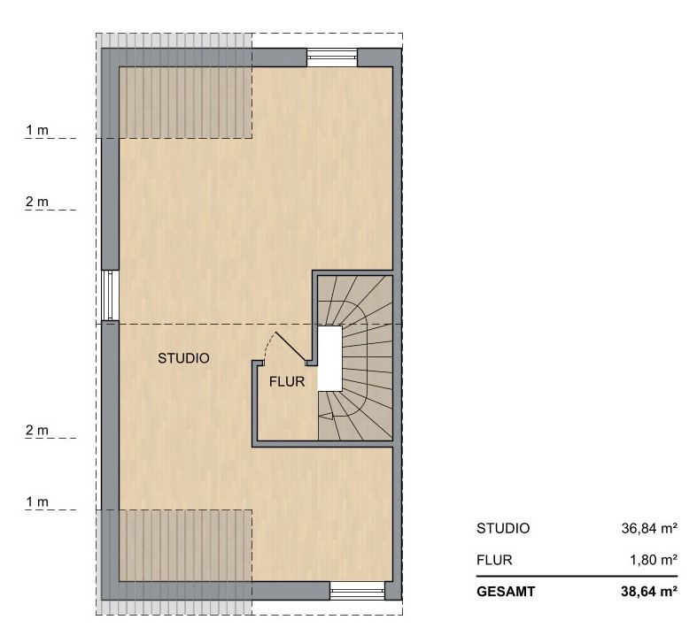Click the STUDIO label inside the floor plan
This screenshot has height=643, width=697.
click(183, 358)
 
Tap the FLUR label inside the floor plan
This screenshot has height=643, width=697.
click(287, 382)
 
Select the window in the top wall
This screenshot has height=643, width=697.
click(332, 57)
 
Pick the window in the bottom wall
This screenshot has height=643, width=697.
click(357, 591)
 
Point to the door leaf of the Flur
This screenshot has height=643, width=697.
click(290, 347)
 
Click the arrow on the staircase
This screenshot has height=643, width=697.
click(327, 416)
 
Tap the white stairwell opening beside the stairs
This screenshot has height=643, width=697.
click(329, 359)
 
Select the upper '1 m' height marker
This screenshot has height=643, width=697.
click(37, 130)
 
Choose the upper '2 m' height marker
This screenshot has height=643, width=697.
click(37, 202)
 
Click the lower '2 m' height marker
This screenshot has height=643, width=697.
click(37, 431)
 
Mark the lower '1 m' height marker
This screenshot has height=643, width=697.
click(37, 501)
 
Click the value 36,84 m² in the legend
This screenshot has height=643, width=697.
click(649, 528)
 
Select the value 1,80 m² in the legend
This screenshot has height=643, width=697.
click(654, 560)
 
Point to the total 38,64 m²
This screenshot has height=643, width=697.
click(649, 592)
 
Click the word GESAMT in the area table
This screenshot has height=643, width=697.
click(506, 592)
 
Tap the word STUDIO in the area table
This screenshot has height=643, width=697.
click(503, 528)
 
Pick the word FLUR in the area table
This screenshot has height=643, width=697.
click(494, 560)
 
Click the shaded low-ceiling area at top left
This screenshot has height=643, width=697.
click(174, 86)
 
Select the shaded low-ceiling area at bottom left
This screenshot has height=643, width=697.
click(174, 563)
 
